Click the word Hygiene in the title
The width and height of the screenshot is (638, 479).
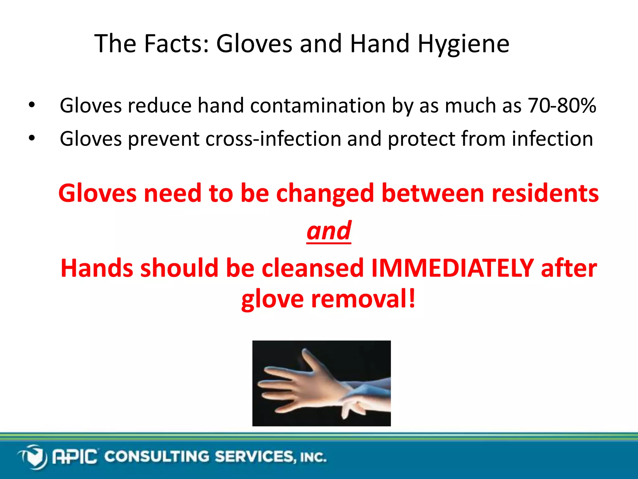463,44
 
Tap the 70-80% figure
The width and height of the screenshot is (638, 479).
562,106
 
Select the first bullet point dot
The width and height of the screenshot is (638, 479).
31,105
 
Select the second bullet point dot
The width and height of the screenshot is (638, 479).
31,138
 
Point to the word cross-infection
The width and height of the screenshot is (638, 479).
273,139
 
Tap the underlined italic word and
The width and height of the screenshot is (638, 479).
329,231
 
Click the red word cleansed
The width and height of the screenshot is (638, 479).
312,268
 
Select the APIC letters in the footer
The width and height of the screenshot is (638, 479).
75,457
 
